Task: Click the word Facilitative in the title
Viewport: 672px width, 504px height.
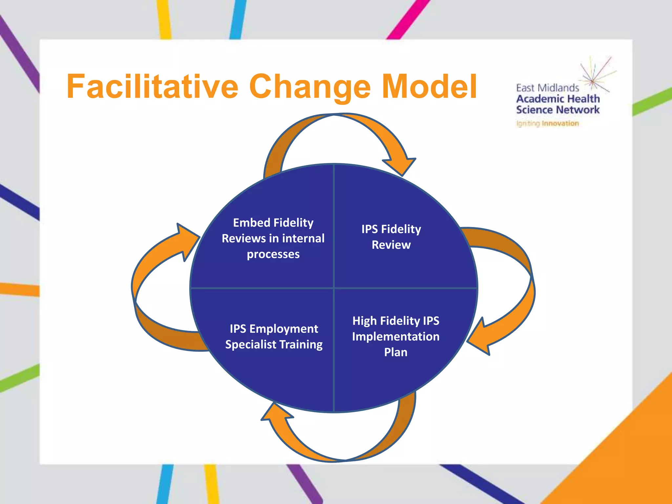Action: [152, 86]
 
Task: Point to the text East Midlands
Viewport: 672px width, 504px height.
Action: [547, 88]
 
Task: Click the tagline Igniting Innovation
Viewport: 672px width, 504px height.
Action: [547, 124]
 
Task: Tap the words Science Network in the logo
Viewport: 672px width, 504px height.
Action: [557, 110]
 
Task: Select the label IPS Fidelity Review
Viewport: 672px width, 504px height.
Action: [391, 237]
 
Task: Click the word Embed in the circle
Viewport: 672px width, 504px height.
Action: [252, 222]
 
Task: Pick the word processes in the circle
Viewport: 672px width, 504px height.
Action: [273, 254]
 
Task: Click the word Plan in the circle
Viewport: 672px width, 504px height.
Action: [396, 352]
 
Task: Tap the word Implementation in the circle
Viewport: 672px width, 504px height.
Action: [396, 336]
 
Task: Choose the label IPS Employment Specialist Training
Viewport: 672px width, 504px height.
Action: [274, 336]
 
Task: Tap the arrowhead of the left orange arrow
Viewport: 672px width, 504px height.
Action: [187, 240]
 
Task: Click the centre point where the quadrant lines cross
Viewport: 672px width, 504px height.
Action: [334, 288]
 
